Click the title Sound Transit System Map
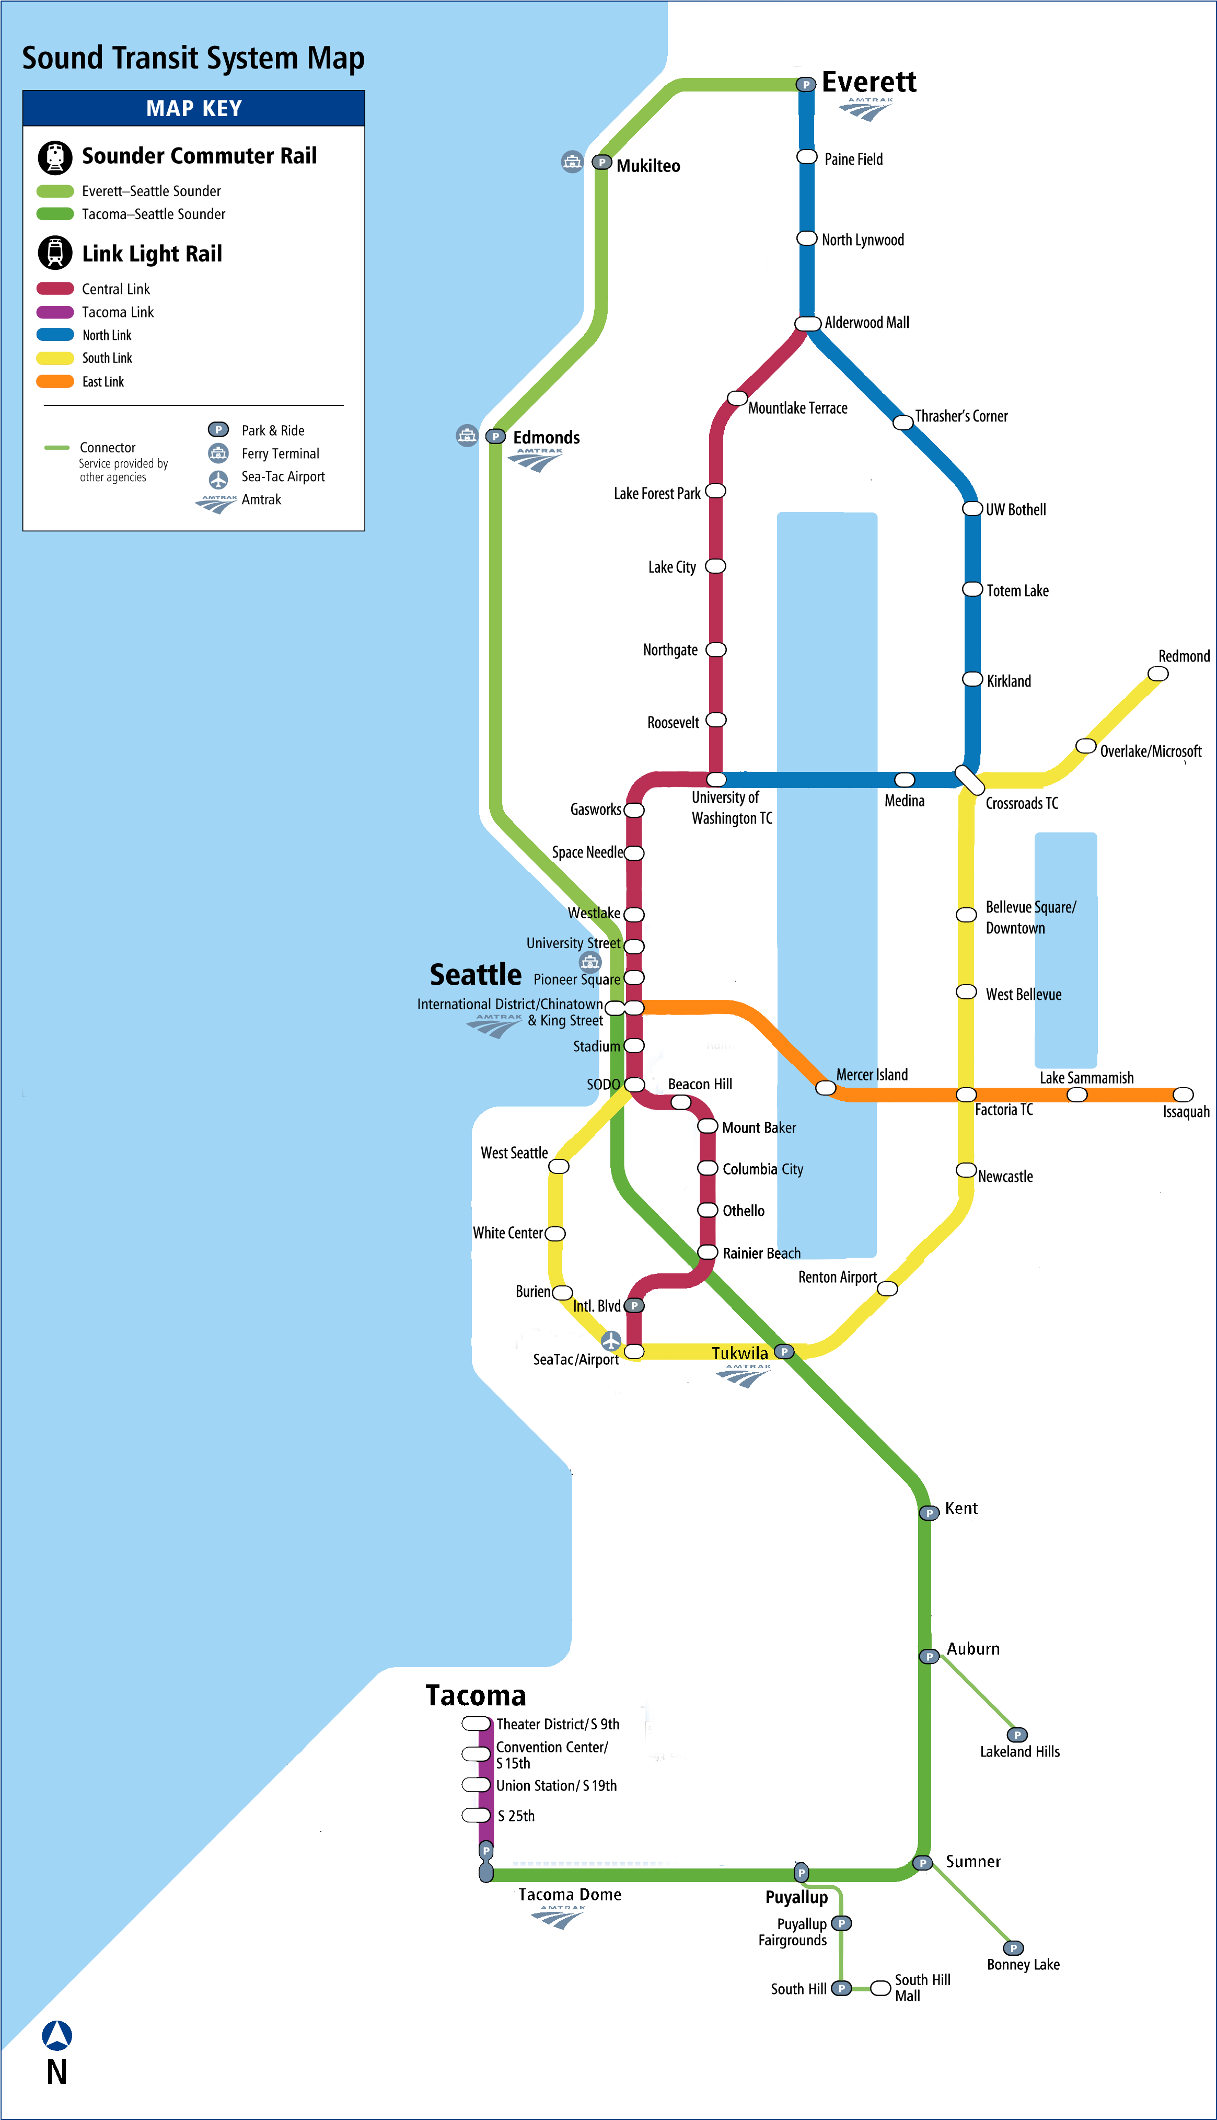pos(193,58)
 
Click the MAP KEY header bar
pos(193,108)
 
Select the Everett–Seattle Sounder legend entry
pos(150,191)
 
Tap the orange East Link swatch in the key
pos(55,381)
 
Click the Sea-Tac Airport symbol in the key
pos(218,479)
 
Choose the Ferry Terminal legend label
pos(280,453)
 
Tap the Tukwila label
pos(739,1352)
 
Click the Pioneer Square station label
pos(577,979)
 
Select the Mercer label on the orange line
pos(854,1075)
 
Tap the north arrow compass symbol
pos(57,2035)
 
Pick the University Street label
pos(573,942)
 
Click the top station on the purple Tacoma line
pos(477,1724)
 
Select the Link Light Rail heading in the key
pos(152,254)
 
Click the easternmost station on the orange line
pos(1182,1095)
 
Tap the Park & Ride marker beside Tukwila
pos(784,1351)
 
